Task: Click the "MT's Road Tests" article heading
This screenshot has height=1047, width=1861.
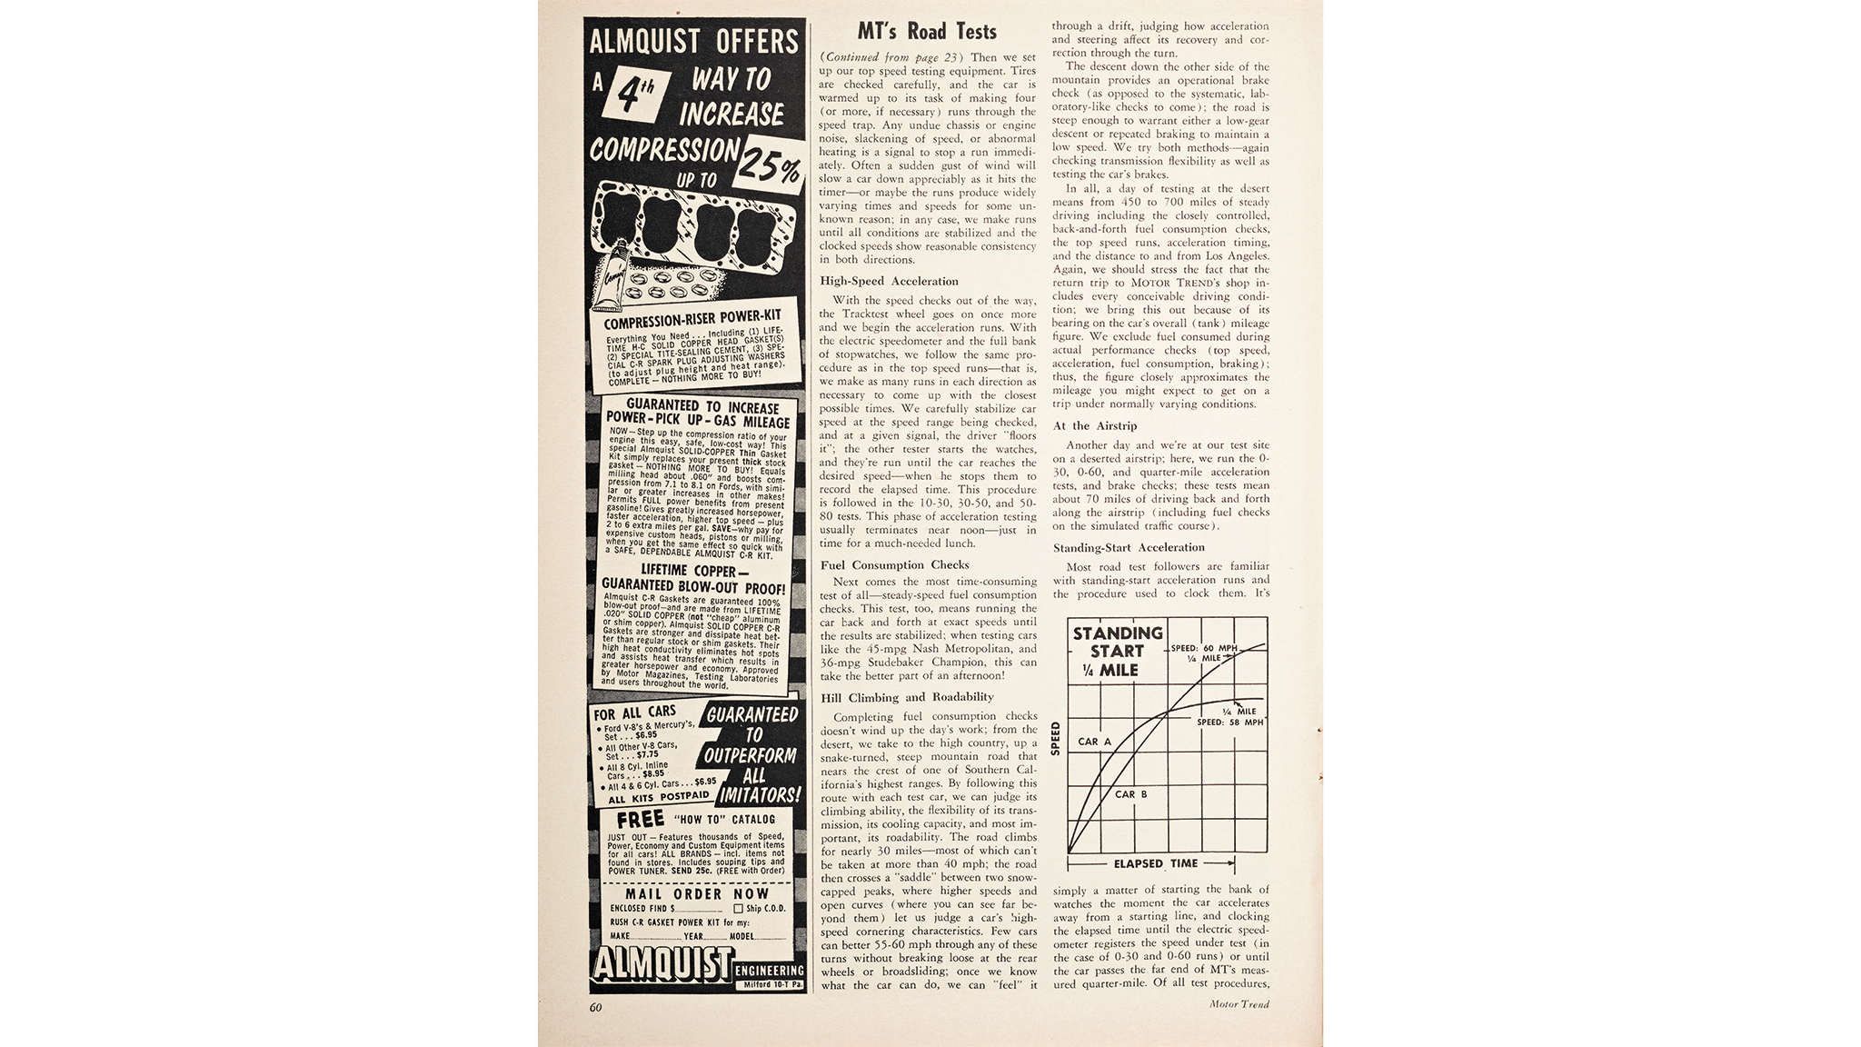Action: coord(927,32)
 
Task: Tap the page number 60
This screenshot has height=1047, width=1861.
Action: coord(596,1007)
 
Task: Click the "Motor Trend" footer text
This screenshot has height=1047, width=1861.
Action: coord(1239,1004)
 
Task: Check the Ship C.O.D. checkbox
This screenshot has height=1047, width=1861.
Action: coord(738,908)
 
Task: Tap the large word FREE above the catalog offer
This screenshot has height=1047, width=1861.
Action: coord(641,820)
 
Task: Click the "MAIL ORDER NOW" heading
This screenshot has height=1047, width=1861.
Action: coord(697,893)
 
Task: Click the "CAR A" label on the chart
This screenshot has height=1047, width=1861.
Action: coord(1094,742)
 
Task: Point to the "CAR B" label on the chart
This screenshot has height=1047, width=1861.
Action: coord(1130,794)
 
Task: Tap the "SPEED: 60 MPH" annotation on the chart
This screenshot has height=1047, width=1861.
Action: coord(1204,648)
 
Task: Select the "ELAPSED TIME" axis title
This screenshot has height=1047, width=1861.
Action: coord(1156,863)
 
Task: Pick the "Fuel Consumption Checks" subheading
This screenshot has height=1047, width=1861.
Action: coord(894,564)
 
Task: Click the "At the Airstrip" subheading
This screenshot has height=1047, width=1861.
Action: coord(1095,425)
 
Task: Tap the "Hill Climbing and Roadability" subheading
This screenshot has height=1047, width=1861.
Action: coord(906,697)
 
